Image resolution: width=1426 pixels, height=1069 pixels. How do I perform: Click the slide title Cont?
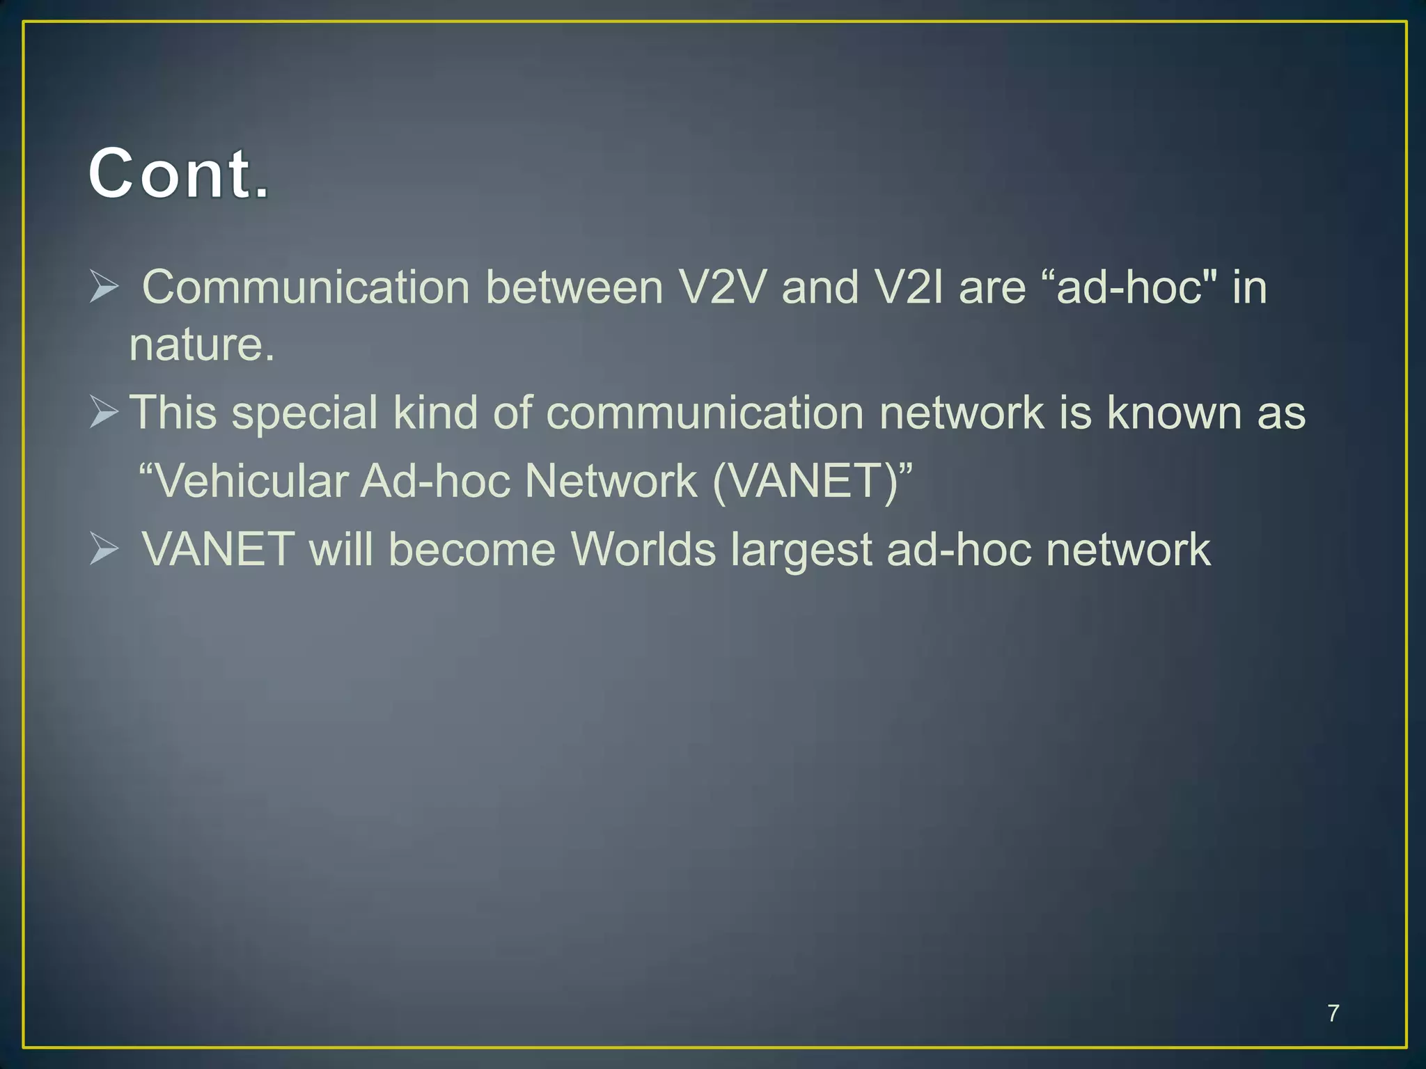178,174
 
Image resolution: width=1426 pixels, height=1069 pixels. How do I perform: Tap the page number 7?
1333,1013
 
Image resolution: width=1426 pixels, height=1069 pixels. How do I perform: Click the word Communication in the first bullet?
306,287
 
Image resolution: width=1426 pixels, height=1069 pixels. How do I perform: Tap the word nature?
201,345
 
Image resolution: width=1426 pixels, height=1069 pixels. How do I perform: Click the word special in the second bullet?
304,413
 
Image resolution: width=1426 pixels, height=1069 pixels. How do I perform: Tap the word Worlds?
643,550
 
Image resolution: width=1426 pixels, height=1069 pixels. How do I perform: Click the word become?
471,550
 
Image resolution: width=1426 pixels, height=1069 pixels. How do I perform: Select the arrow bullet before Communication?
104,287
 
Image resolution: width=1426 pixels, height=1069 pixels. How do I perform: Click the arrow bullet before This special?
104,413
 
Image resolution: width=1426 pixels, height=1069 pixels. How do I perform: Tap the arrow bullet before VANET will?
104,550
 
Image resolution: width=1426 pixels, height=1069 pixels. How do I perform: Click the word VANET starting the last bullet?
218,550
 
